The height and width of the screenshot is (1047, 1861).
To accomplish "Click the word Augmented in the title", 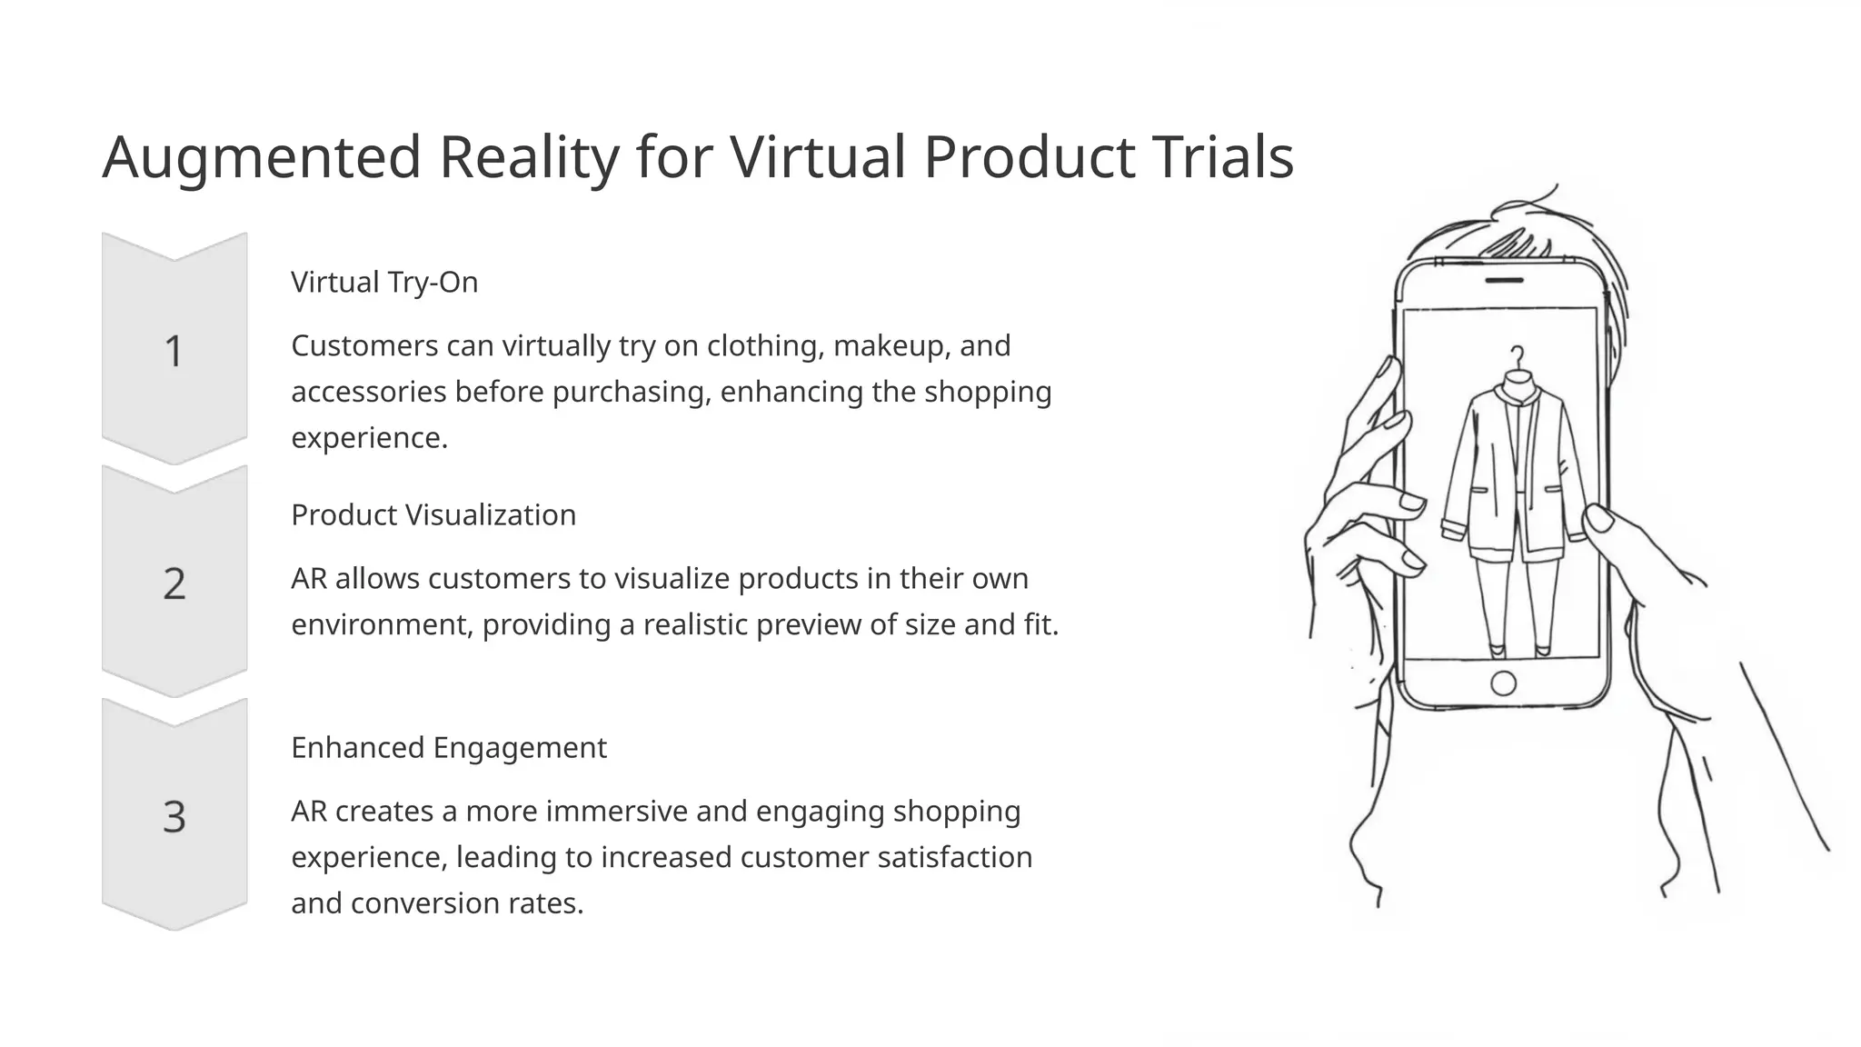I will pyautogui.click(x=262, y=158).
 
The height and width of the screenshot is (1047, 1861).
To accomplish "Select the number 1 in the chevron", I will pyautogui.click(x=174, y=352).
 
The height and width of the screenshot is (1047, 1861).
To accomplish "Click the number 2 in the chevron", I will pyautogui.click(x=174, y=583).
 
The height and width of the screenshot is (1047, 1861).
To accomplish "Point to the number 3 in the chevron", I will pyautogui.click(x=174, y=816).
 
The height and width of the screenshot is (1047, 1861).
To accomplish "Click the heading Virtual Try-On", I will pyautogui.click(x=384, y=282).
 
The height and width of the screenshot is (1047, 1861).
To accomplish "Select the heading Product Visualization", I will pyautogui.click(x=433, y=514).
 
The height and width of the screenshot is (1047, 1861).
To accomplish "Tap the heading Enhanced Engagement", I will pyautogui.click(x=448, y=747).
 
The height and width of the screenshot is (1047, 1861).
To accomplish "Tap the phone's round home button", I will pyautogui.click(x=1504, y=683).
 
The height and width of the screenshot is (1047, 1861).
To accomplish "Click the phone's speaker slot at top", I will pyautogui.click(x=1504, y=280).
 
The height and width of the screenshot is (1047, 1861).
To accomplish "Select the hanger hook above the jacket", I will pyautogui.click(x=1517, y=355).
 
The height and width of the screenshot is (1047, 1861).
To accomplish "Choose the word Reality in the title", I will pyautogui.click(x=529, y=156).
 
